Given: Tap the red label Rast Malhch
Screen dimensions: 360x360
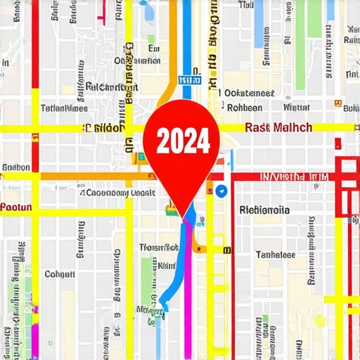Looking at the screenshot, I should (x=278, y=128).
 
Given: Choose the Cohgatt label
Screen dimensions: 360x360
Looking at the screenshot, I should (x=60, y=274).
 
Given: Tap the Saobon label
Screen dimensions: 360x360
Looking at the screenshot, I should (x=15, y=168).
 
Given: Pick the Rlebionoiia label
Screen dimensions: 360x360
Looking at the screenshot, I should (x=264, y=209).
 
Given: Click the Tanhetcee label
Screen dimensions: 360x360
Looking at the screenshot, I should (x=275, y=255).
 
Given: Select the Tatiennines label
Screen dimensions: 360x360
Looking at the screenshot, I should (x=65, y=108).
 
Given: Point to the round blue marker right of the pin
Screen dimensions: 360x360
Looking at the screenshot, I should (x=221, y=191).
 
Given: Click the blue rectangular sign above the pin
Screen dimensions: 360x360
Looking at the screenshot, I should (x=186, y=81).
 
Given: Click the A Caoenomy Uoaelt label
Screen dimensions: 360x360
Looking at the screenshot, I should (x=117, y=193).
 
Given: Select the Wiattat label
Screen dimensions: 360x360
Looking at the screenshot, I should (x=296, y=108).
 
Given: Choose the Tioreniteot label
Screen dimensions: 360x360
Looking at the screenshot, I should (x=158, y=247).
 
